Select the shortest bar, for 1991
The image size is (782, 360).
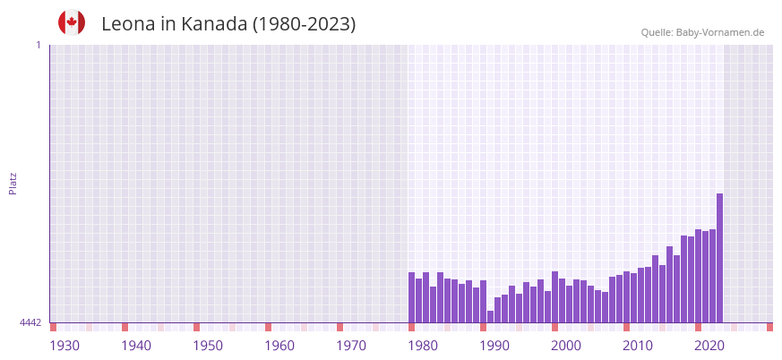(x=490, y=317)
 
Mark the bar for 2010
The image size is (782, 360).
(x=626, y=297)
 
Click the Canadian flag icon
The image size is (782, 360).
(x=72, y=23)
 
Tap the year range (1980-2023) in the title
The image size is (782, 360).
(x=304, y=24)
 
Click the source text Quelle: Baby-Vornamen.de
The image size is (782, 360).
(x=702, y=32)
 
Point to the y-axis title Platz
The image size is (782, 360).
(x=13, y=183)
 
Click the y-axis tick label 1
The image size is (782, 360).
(x=38, y=45)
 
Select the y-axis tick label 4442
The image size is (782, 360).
(x=30, y=322)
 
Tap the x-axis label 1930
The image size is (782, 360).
(x=64, y=346)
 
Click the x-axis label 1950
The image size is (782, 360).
(x=208, y=346)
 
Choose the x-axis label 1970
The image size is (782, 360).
(x=351, y=346)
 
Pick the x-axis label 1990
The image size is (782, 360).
(x=494, y=346)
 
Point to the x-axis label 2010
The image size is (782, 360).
(x=638, y=346)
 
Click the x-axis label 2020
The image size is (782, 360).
(x=709, y=346)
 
